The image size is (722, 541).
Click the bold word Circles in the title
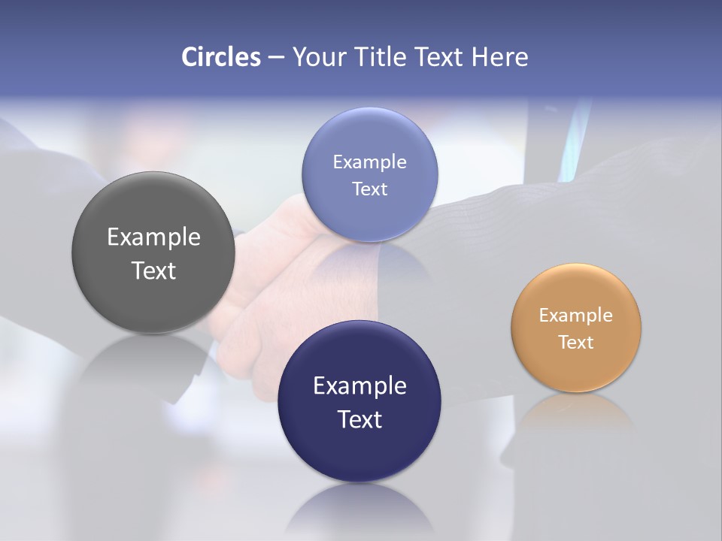click(x=221, y=57)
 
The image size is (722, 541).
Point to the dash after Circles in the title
click(x=276, y=58)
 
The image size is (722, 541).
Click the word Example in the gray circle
click(x=153, y=237)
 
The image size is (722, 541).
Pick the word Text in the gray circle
click(x=153, y=270)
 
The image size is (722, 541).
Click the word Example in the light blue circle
click(x=369, y=162)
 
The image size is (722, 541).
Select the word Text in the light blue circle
click(x=369, y=189)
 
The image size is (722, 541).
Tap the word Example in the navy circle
click(x=359, y=386)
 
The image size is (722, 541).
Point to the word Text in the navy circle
click(x=359, y=419)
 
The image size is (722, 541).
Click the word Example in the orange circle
click(x=576, y=316)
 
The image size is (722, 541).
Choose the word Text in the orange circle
click(x=576, y=343)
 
